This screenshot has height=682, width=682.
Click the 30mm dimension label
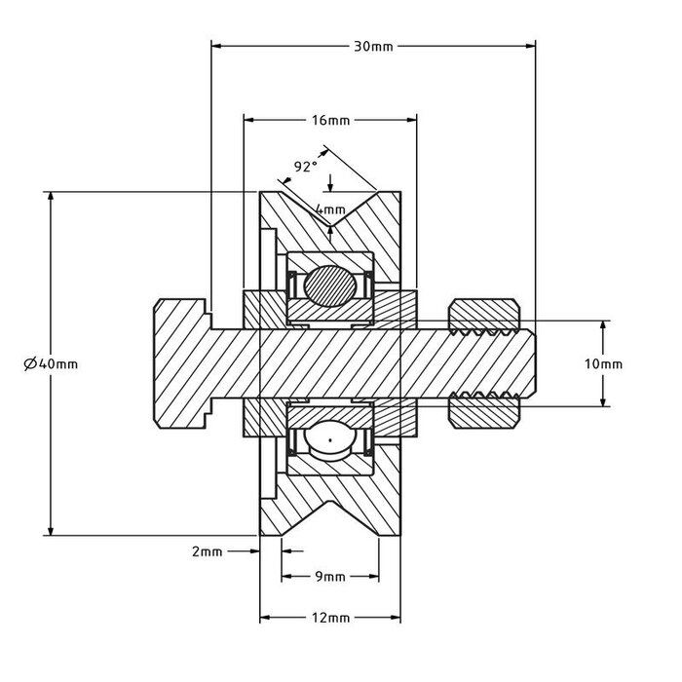pos(373,46)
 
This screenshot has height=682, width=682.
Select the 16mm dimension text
pos(330,121)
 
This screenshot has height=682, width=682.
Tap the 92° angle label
pos(306,167)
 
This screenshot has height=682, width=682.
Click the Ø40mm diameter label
pos(50,363)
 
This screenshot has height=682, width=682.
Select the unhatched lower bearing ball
pos(330,441)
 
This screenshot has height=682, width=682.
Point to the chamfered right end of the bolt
pos(526,363)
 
